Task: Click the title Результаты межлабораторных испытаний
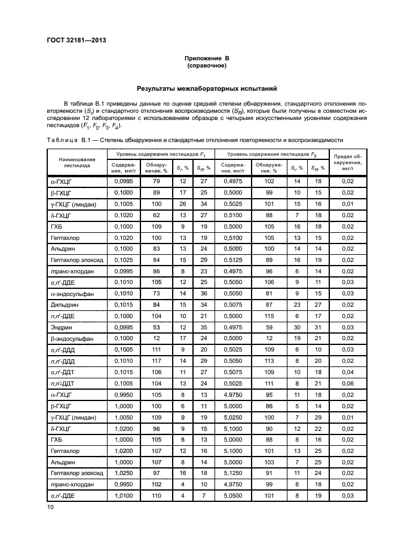click(x=207, y=88)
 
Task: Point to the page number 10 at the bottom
click(x=50, y=507)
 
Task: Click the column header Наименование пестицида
click(x=76, y=163)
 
